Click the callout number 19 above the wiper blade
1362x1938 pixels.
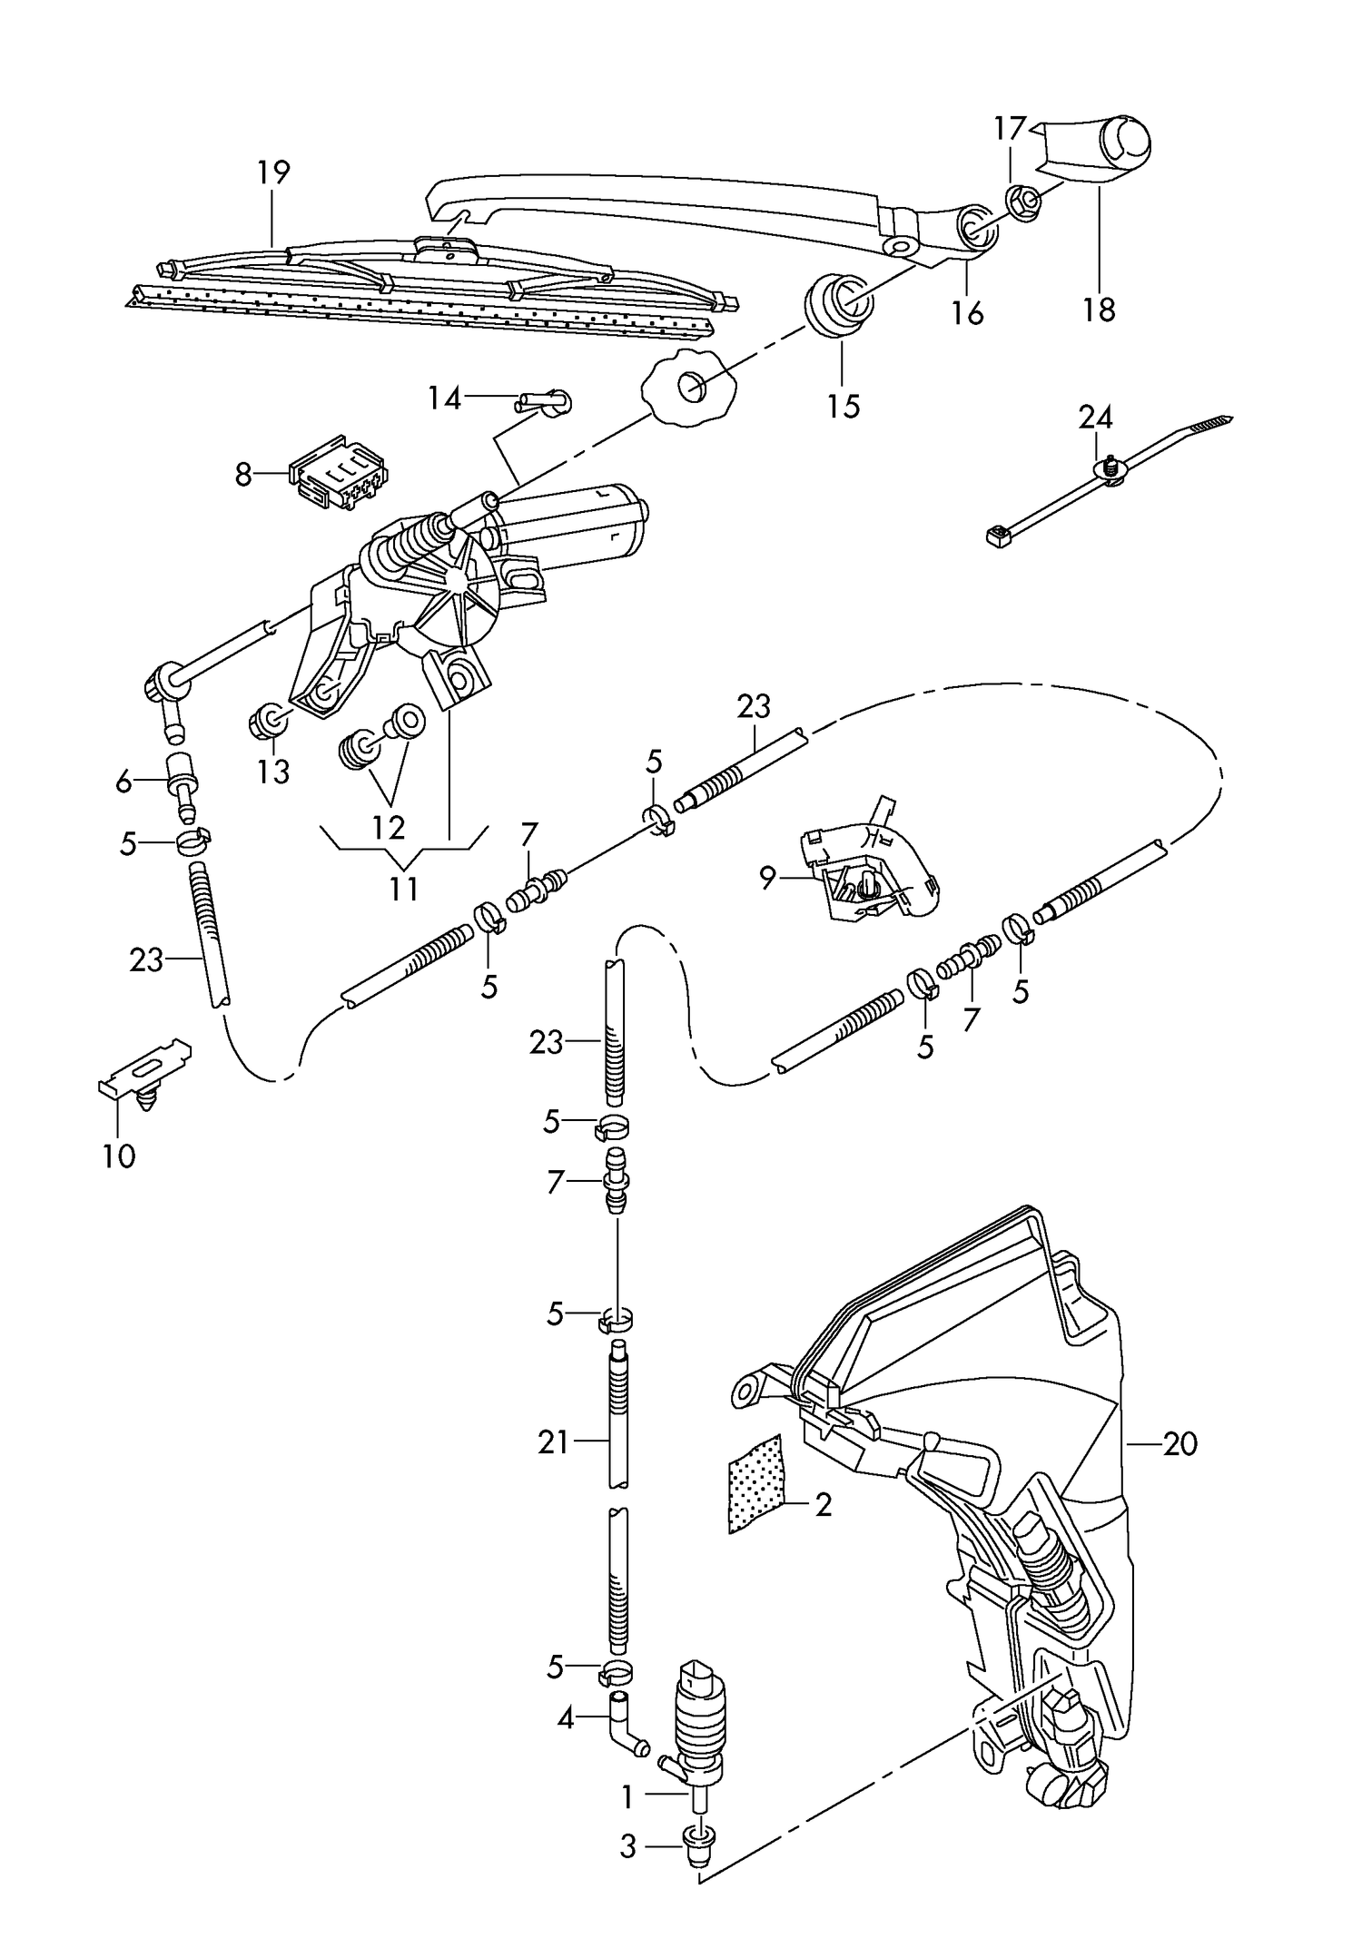272,172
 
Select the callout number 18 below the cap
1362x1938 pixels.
1099,310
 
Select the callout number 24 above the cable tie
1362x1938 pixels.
1095,418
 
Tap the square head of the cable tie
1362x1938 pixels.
998,536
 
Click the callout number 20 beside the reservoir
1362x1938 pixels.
1180,1443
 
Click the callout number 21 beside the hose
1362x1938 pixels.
552,1441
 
